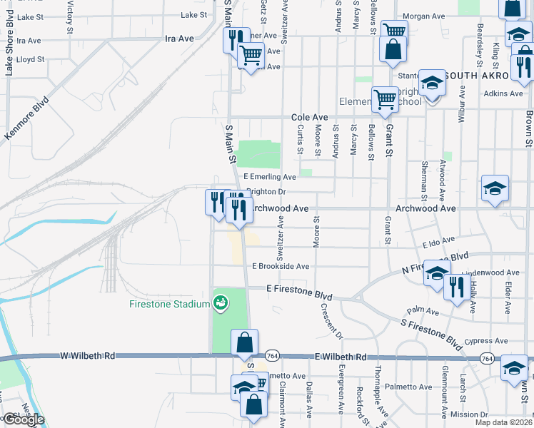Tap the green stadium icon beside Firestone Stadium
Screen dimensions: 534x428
221,303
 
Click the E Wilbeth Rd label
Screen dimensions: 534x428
340,357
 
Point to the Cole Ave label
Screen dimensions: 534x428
309,117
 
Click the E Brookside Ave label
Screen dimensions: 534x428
280,266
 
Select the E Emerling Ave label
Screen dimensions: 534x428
269,177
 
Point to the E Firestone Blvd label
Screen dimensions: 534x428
299,290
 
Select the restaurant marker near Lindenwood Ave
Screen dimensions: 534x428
455,286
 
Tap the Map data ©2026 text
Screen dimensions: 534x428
505,422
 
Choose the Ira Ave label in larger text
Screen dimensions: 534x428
179,39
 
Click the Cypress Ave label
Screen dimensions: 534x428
486,340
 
